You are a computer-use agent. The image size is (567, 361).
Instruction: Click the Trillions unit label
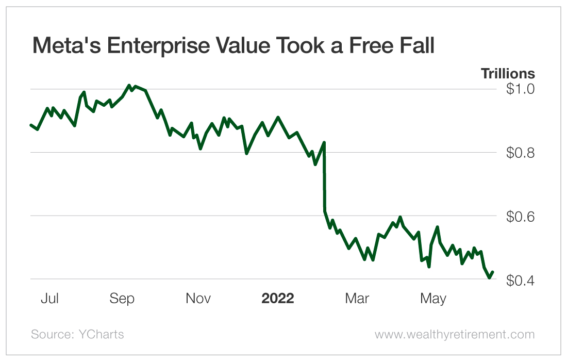point(508,74)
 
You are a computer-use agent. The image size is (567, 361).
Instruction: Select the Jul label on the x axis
point(49,299)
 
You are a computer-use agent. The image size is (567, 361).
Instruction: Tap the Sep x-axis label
point(123,299)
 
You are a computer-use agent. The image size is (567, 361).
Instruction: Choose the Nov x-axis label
point(198,299)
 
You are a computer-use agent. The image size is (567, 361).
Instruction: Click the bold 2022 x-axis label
point(277,299)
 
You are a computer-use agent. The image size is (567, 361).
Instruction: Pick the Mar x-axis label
point(357,299)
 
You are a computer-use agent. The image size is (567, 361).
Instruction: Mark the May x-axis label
point(433,299)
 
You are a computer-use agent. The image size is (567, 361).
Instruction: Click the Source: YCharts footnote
point(77,334)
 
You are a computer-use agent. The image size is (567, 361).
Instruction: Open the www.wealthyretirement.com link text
point(455,334)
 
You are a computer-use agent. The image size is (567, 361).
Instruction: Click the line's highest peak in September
point(129,86)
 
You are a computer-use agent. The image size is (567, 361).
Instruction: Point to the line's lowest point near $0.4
point(489,278)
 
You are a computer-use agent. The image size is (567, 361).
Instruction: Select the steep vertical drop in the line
point(324,178)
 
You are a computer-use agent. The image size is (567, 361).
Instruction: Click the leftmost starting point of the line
point(31,125)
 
